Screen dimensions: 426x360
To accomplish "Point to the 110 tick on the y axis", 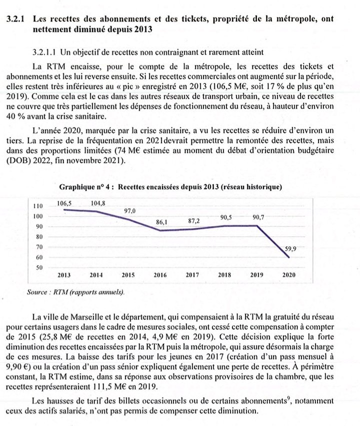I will (x=37, y=206).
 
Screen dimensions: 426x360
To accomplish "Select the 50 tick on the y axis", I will (x=39, y=268).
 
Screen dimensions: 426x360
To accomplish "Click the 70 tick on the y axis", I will (x=39, y=247).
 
